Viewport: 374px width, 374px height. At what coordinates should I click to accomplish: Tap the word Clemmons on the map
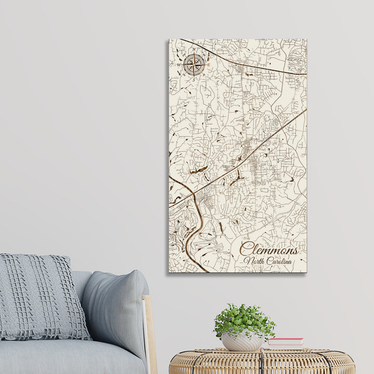pyautogui.click(x=269, y=250)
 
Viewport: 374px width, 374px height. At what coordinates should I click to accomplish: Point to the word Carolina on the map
pyautogui.click(x=280, y=261)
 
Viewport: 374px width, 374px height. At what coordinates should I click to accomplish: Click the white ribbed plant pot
pyautogui.click(x=242, y=342)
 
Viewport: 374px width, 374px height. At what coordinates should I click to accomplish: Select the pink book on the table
pyautogui.click(x=285, y=341)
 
